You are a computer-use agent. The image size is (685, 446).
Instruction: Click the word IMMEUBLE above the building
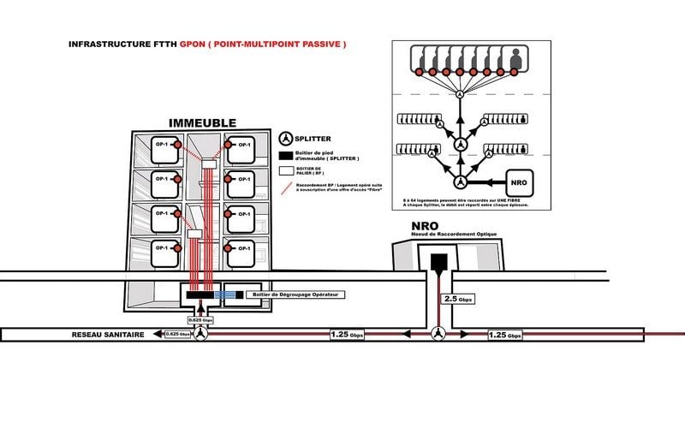pyautogui.click(x=202, y=122)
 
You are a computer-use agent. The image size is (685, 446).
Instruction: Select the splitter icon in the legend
pyautogui.click(x=288, y=138)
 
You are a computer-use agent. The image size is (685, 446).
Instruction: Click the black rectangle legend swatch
pyautogui.click(x=287, y=155)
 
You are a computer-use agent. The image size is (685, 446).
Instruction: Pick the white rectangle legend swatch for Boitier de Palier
pyautogui.click(x=287, y=170)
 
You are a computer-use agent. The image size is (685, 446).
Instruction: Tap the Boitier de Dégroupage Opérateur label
pyautogui.click(x=291, y=295)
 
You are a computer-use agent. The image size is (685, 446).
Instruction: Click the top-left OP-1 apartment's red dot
pyautogui.click(x=178, y=146)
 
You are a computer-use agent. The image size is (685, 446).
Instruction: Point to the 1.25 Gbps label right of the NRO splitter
pyautogui.click(x=504, y=335)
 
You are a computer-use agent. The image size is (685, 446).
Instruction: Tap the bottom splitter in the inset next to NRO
pyautogui.click(x=461, y=182)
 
